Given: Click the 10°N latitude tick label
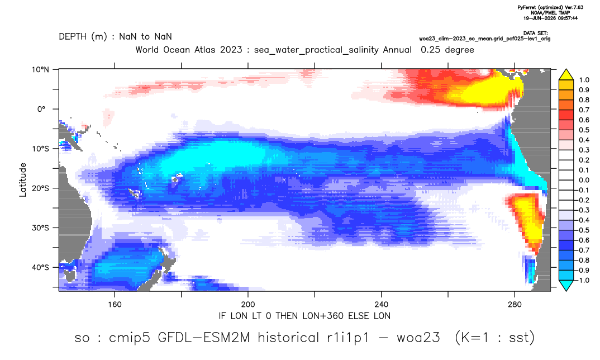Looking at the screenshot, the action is tap(40, 70).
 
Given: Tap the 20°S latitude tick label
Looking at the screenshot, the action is tap(40, 188).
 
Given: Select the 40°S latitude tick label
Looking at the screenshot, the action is tap(40, 267).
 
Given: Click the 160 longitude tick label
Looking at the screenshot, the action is tap(115, 305).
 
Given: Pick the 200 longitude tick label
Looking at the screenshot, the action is tap(248, 305).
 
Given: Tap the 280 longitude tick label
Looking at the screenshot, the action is tap(515, 305).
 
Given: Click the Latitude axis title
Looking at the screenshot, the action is tap(23, 180).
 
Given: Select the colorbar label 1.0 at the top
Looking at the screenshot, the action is tap(584, 80).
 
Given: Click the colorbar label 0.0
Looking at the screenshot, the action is tap(584, 180).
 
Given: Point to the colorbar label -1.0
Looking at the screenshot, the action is tap(582, 280).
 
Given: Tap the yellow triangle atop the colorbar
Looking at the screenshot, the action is tap(566, 75).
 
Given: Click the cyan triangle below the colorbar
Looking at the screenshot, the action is tap(566, 286).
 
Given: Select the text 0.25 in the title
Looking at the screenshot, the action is tap(431, 50).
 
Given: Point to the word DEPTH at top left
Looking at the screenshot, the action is tap(74, 37).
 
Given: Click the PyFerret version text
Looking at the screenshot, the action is tap(550, 7).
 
